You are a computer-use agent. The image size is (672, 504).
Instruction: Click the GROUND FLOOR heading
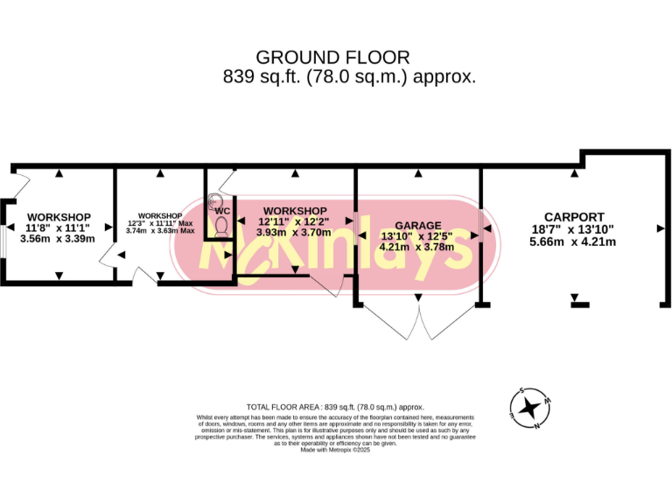335,58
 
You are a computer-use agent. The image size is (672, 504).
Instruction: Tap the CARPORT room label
573,217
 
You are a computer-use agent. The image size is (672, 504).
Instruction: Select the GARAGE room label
417,225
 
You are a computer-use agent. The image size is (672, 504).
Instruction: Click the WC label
222,211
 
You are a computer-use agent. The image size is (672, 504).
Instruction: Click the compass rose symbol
529,407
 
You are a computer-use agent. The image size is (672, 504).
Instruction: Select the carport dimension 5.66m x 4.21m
573,241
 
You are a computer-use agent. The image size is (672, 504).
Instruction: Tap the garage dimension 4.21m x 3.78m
417,248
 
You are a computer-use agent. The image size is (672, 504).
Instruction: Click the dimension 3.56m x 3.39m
59,238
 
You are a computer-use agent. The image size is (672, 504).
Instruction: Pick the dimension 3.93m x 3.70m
294,233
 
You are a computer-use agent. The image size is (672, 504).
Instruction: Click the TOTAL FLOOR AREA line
335,407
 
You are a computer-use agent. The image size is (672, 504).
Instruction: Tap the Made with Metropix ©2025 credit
335,450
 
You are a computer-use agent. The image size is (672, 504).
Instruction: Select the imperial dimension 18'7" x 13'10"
573,229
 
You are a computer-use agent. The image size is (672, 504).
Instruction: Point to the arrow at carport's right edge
661,227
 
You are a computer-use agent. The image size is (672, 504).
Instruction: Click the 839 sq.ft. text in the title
254,76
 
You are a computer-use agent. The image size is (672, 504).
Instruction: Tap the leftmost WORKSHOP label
59,217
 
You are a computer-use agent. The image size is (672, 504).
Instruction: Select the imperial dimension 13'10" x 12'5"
417,236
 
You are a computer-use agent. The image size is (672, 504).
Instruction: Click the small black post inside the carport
577,304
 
